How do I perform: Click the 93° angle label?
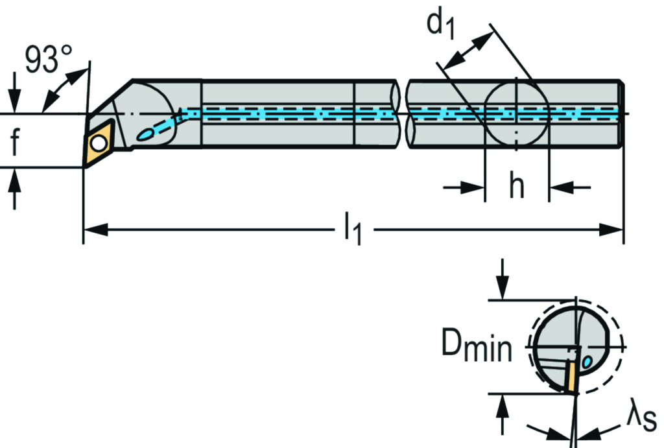[x=49, y=60]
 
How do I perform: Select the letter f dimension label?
[x=15, y=141]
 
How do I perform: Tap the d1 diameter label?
[x=441, y=24]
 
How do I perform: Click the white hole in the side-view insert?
[x=99, y=143]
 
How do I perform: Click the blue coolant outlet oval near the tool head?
[x=146, y=135]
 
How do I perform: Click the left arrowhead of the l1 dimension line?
[x=95, y=229]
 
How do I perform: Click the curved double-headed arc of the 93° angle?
[x=65, y=88]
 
